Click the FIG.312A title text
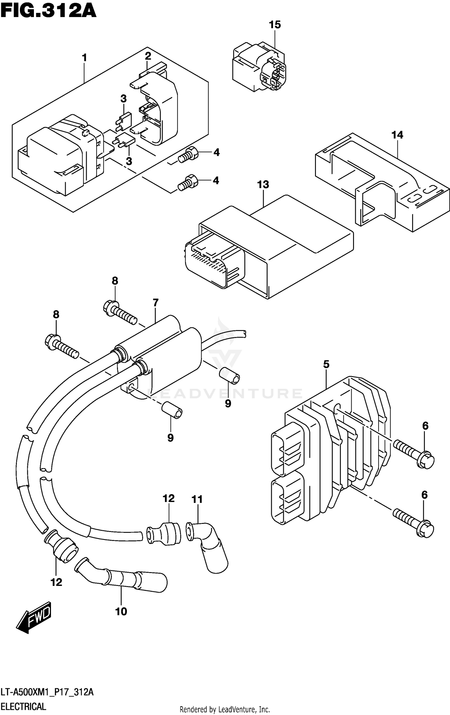[x=48, y=11]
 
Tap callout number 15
[x=274, y=25]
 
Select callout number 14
[x=397, y=135]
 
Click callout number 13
[x=263, y=185]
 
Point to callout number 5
[x=326, y=365]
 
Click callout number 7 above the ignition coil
[x=155, y=303]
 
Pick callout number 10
[x=121, y=611]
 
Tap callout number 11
[x=197, y=499]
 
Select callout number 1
[x=84, y=58]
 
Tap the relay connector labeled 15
[x=259, y=67]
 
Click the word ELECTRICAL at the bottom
[x=23, y=698]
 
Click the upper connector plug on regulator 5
[x=287, y=448]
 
